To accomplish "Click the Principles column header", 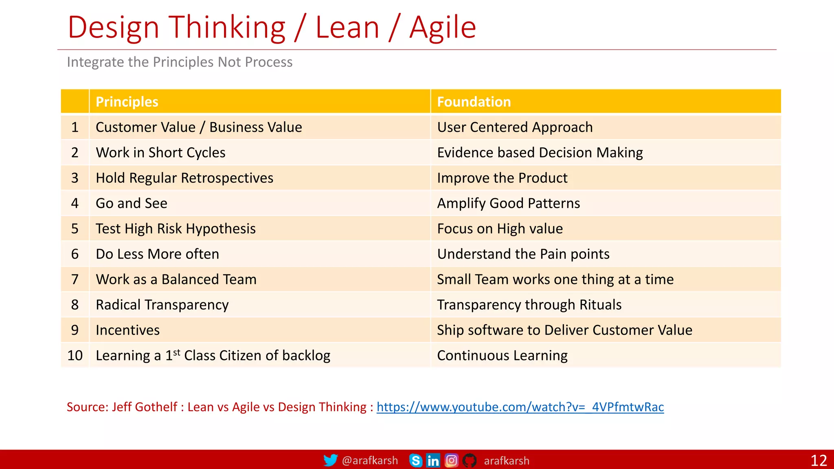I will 127,102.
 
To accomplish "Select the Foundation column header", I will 474,102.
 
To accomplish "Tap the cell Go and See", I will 132,203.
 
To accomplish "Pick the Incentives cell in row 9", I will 127,330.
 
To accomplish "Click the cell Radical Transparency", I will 162,305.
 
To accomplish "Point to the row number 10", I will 75,355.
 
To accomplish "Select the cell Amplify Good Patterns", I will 508,203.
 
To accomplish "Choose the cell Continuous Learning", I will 502,355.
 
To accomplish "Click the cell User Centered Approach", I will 515,127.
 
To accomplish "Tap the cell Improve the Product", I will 502,178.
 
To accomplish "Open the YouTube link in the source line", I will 520,407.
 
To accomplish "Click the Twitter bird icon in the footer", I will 330,460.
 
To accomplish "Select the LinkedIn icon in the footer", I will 433,460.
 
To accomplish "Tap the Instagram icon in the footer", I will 451,460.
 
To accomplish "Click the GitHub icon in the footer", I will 469,460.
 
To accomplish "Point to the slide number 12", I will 819,460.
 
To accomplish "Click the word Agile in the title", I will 442,28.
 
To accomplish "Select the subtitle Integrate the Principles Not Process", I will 180,62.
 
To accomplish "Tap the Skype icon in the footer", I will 415,460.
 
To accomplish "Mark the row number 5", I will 75,228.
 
